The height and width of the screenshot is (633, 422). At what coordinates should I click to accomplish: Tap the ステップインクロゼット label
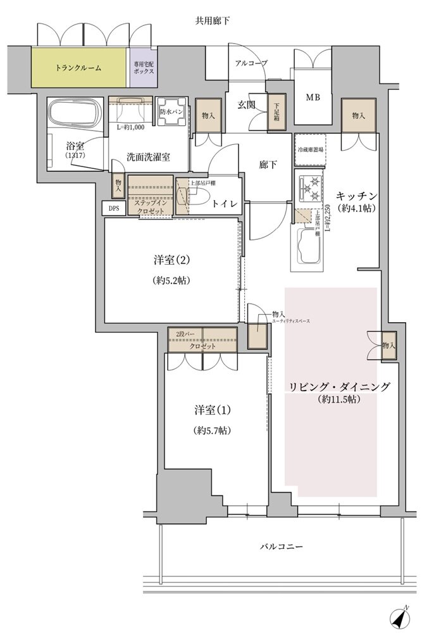pyautogui.click(x=151, y=206)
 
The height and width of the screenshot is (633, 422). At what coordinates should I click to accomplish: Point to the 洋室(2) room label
pyautogui.click(x=171, y=260)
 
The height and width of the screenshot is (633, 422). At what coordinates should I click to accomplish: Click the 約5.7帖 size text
pyautogui.click(x=212, y=430)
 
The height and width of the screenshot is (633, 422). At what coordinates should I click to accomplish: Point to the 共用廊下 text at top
pyautogui.click(x=212, y=21)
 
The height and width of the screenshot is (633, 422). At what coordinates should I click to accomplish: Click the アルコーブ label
pyautogui.click(x=251, y=63)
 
